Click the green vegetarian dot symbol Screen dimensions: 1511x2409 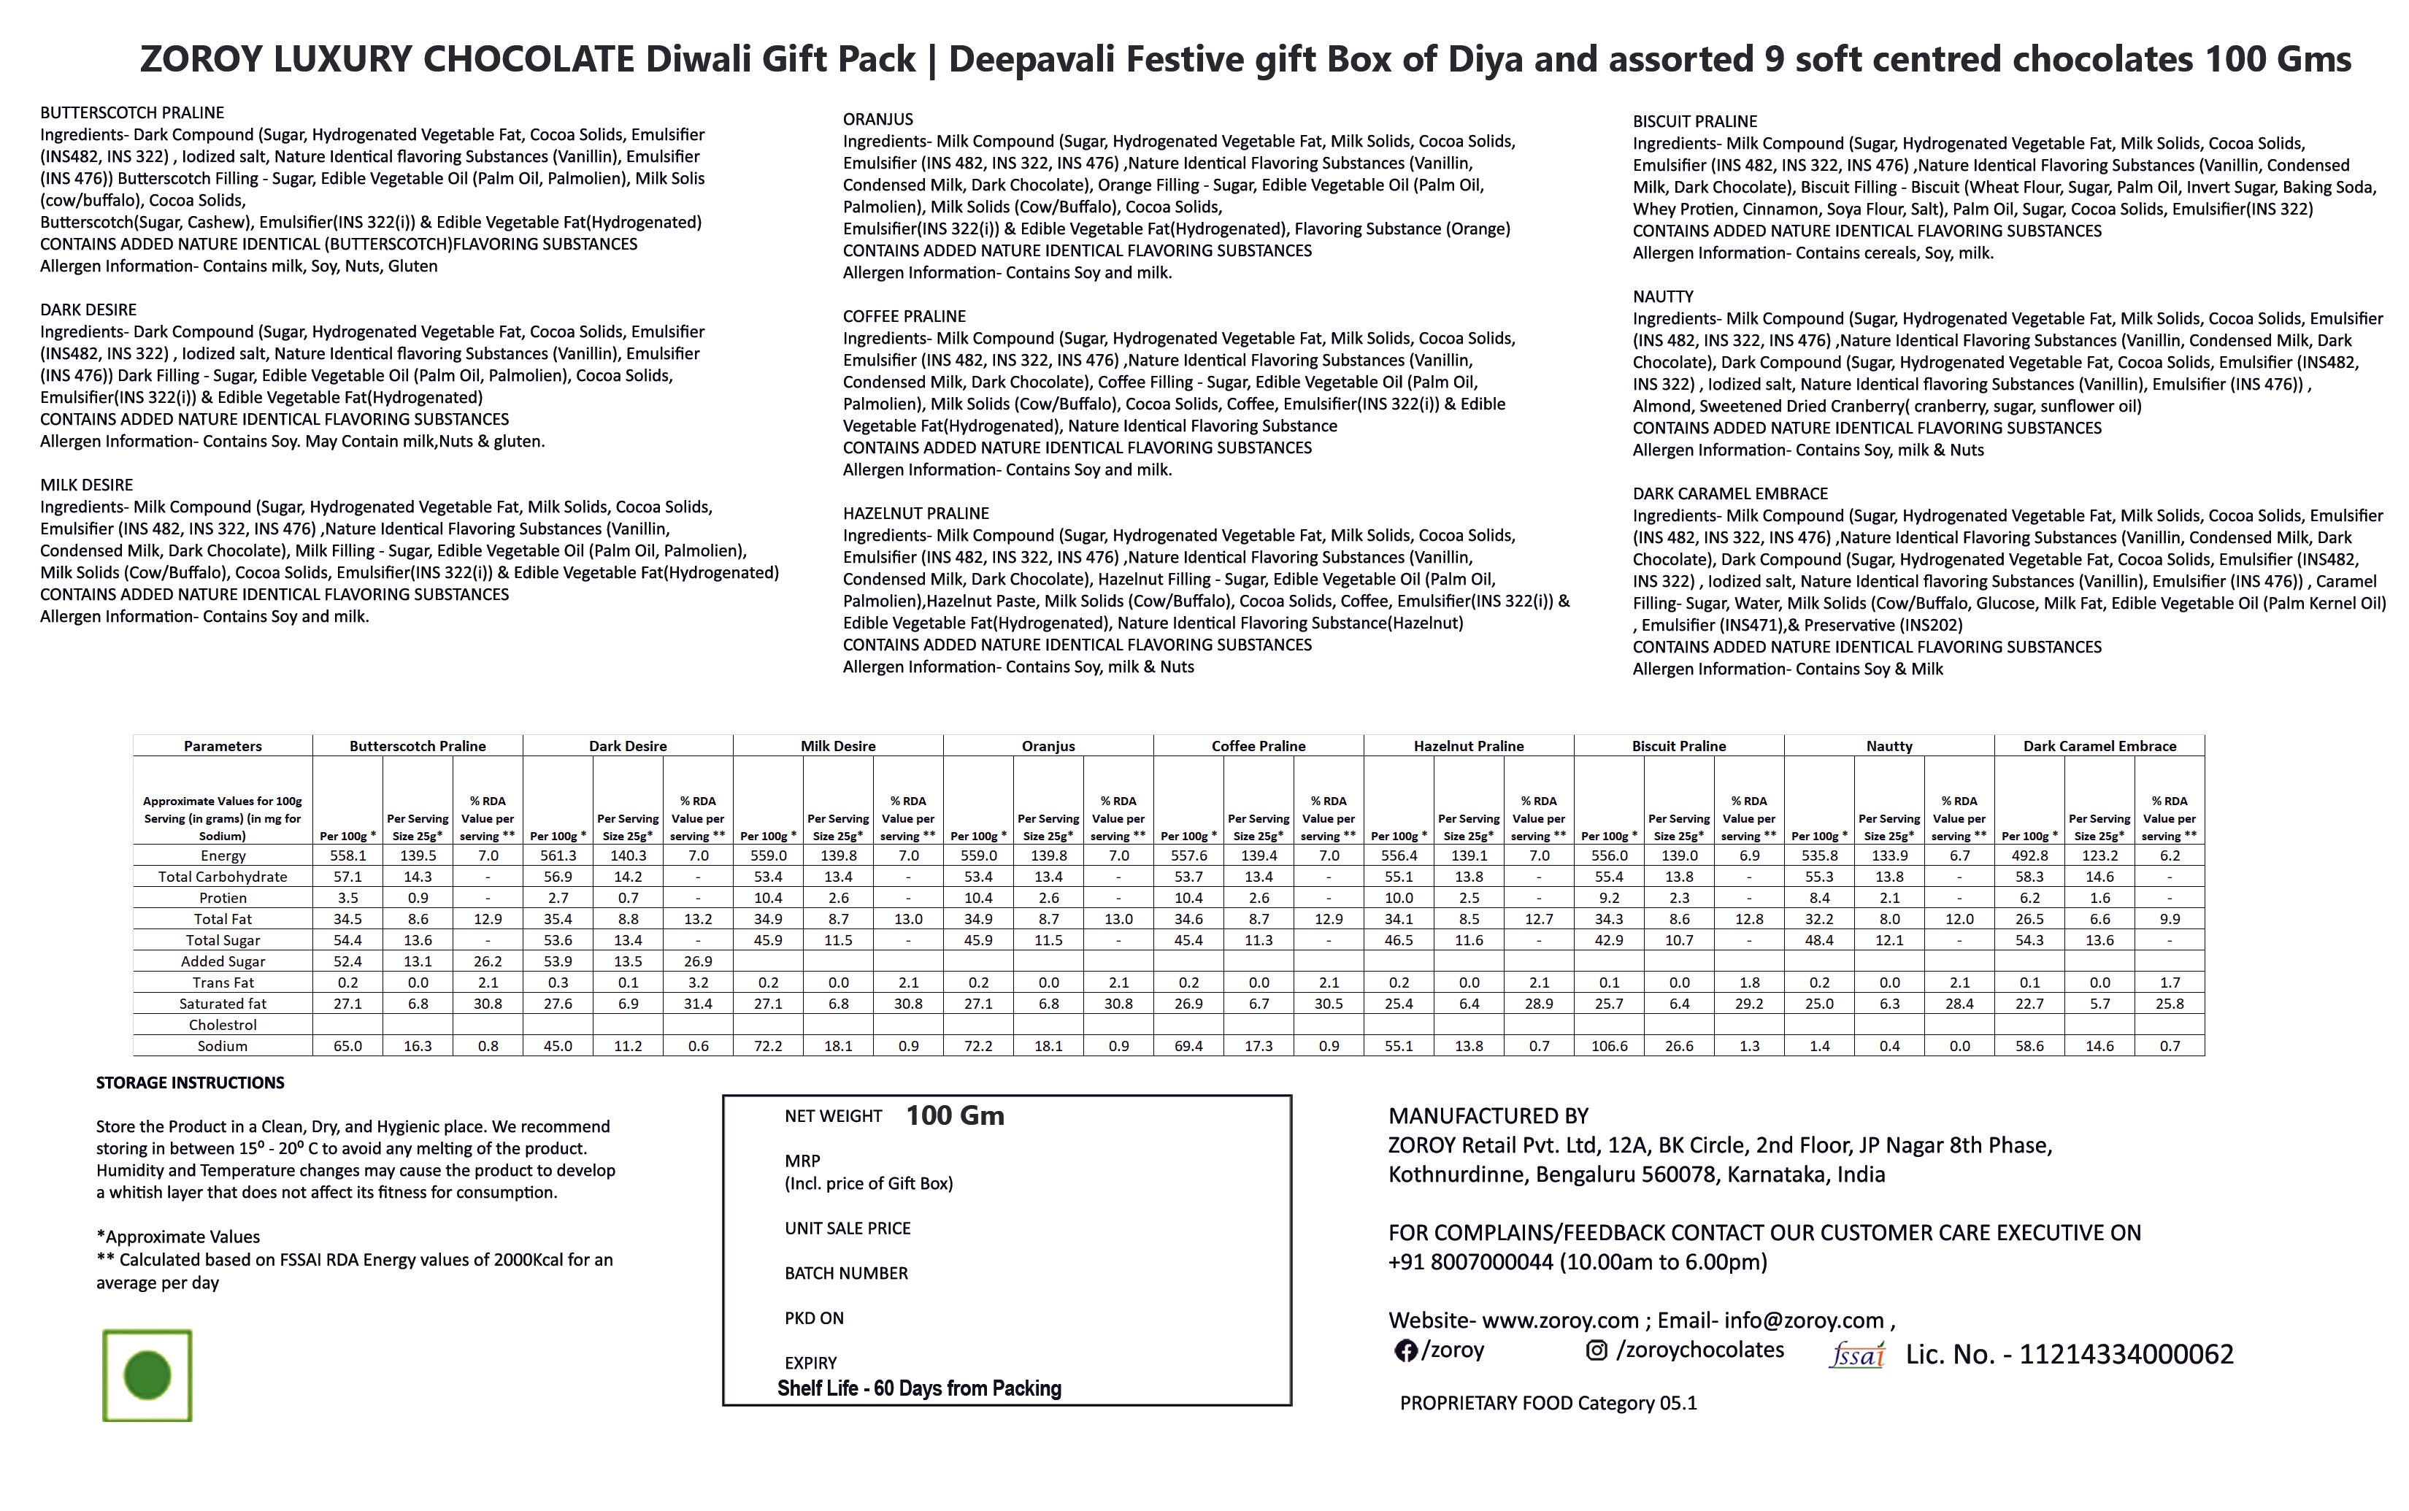pos(147,1375)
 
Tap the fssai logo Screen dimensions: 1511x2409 pos(1856,1355)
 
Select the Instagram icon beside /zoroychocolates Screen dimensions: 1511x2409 pos(1597,1350)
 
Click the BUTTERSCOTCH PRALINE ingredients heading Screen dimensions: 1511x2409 pos(132,113)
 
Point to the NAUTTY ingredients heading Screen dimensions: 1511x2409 pos(1663,297)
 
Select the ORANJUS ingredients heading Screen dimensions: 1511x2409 pos(877,119)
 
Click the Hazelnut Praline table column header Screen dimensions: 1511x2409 pos(1468,745)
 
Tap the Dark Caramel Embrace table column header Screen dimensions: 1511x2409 pos(2099,745)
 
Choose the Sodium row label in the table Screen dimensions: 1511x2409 pos(222,1045)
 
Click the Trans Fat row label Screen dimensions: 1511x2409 pos(222,983)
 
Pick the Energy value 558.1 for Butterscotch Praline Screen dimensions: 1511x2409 pos(347,856)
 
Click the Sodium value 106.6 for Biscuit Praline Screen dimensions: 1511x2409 pos(1609,1045)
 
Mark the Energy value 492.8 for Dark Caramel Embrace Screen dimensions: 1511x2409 pos(2029,856)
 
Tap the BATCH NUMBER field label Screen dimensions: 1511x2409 pos(845,1273)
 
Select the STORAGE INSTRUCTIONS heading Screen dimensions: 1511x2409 pos(190,1083)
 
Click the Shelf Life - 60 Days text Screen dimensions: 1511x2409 pos(918,1388)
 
